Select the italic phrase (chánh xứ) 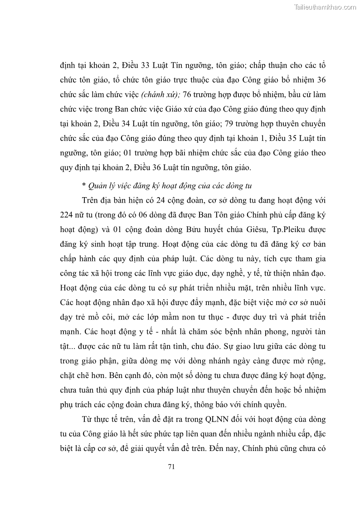point(161,94)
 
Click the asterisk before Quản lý point(84,186)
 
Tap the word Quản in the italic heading point(98,186)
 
